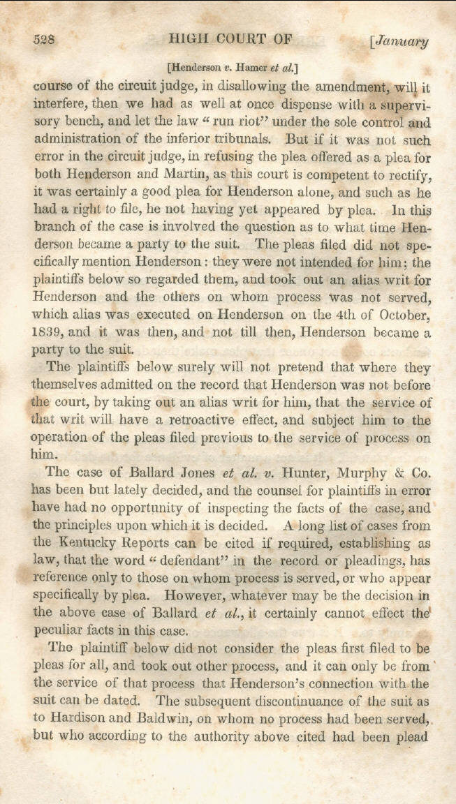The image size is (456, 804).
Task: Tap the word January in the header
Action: click(x=402, y=40)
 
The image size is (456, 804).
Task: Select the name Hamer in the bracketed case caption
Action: click(x=249, y=68)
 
